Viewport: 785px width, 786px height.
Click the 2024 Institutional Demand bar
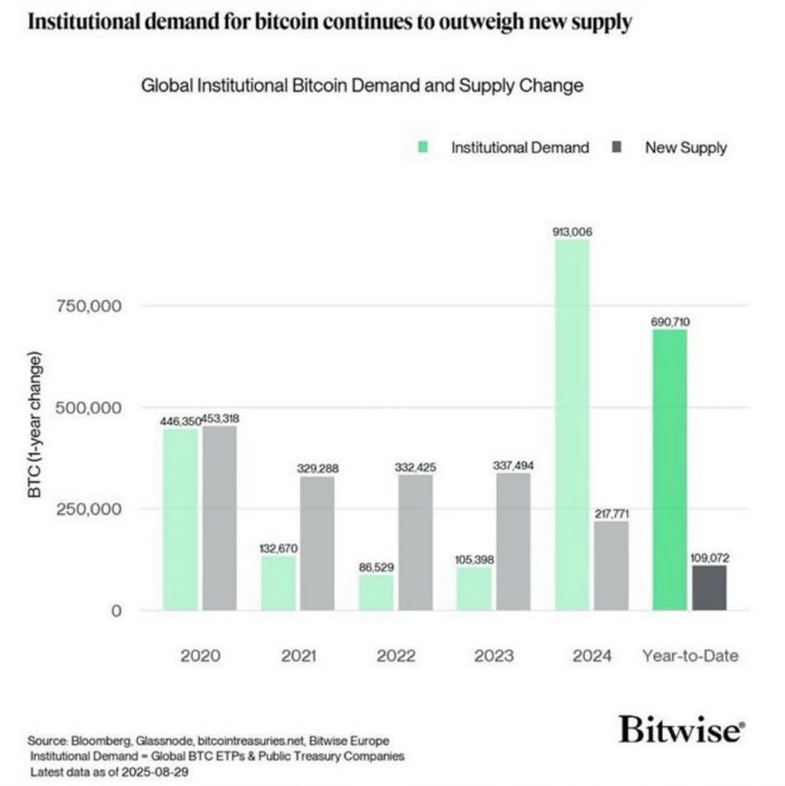point(572,425)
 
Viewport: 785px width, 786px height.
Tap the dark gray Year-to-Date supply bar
point(709,588)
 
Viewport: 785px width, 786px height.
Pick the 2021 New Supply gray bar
point(317,543)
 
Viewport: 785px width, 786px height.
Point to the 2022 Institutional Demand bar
point(376,592)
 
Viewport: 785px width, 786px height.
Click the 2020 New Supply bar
point(220,518)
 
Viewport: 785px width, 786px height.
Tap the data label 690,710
point(670,321)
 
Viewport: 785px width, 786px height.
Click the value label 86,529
point(376,567)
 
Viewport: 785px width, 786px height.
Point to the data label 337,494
point(513,465)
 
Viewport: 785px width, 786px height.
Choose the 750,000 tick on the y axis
point(89,306)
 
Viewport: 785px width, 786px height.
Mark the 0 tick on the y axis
point(116,611)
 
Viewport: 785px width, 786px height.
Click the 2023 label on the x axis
point(494,656)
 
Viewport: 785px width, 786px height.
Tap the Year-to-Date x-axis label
point(690,656)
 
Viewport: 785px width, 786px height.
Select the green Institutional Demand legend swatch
point(423,148)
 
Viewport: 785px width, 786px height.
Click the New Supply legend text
point(685,148)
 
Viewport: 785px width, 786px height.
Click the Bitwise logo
point(680,731)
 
